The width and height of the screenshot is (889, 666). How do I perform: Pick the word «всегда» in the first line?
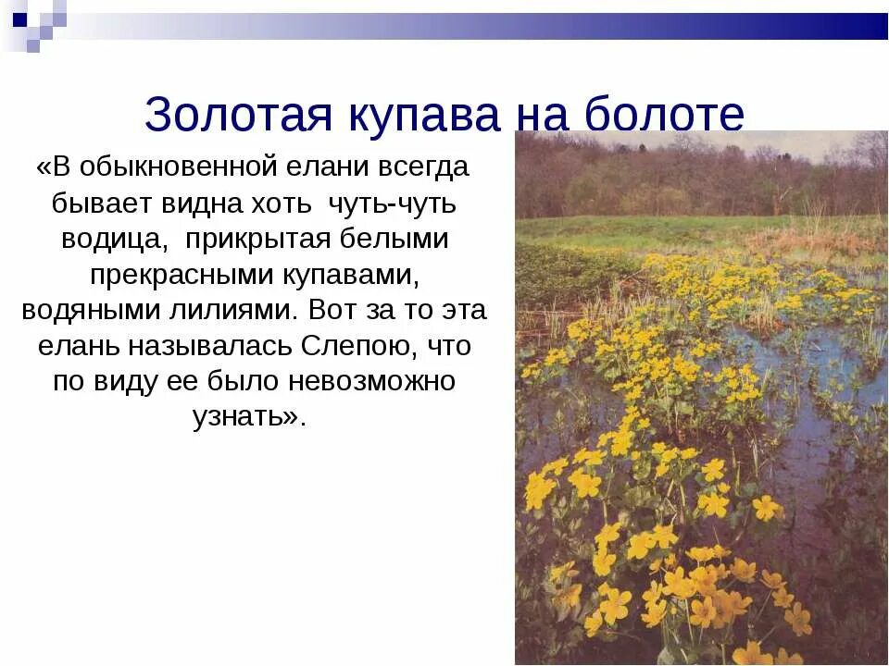[425, 167]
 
